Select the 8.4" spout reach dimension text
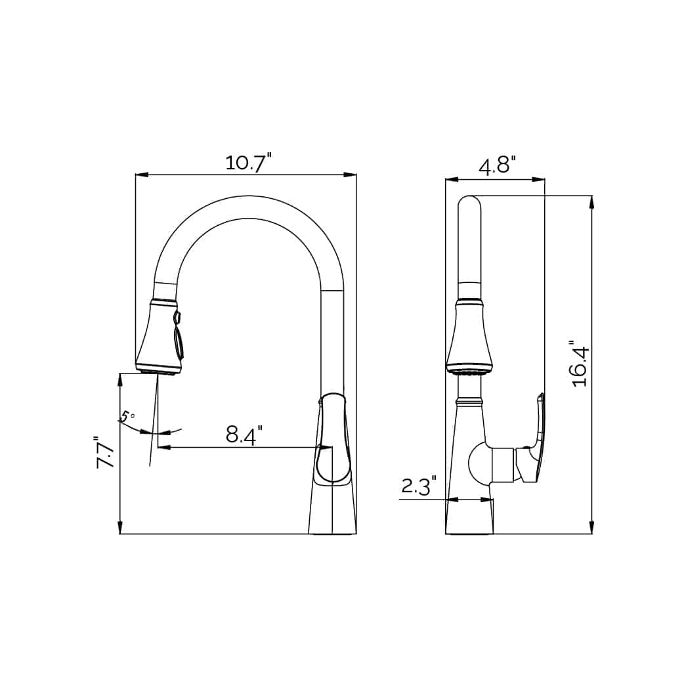tap(244, 435)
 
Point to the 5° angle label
tap(127, 417)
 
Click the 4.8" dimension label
tap(497, 165)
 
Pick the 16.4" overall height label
tap(580, 364)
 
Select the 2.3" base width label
tap(419, 486)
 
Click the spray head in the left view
tap(158, 338)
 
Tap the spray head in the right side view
tap(469, 338)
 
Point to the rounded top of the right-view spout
tap(469, 203)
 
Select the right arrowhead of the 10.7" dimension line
tap(351, 175)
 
